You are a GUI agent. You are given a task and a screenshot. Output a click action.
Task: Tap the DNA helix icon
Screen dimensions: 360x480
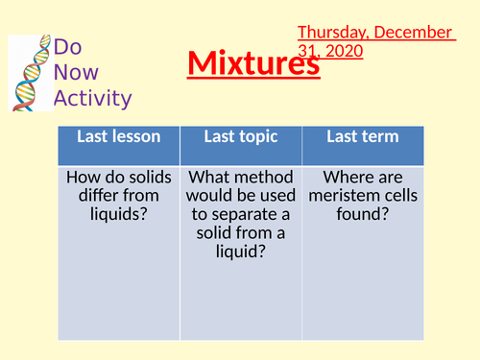29,72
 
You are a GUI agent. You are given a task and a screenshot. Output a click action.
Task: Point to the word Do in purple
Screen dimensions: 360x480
67,48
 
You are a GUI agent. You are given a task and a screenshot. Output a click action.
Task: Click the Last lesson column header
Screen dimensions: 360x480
121,137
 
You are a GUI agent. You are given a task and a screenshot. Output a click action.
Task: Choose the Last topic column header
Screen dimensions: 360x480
242,137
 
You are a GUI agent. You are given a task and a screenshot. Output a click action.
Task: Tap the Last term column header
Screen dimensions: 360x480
362,137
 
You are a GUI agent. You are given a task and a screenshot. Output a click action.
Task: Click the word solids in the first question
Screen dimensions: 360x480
152,178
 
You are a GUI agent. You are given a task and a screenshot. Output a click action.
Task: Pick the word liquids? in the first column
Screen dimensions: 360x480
120,214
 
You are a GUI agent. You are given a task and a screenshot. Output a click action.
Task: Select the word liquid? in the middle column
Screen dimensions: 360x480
242,251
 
